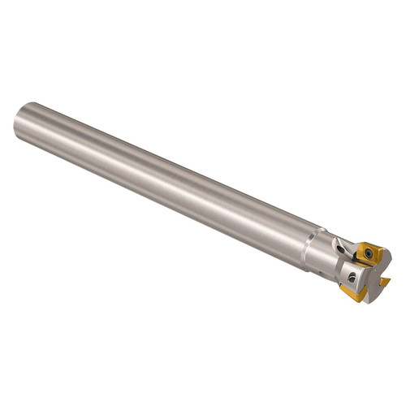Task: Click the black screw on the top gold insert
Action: click(x=369, y=253)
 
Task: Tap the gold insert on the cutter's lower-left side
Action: click(x=353, y=292)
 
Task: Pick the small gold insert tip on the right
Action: click(x=385, y=281)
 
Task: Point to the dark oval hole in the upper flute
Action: click(x=340, y=249)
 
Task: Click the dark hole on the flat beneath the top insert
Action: click(x=352, y=278)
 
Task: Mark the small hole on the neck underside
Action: click(x=322, y=273)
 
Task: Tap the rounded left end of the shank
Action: click(x=19, y=122)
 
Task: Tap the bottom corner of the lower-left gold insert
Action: click(x=357, y=300)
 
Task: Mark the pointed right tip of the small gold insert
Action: click(x=391, y=279)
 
